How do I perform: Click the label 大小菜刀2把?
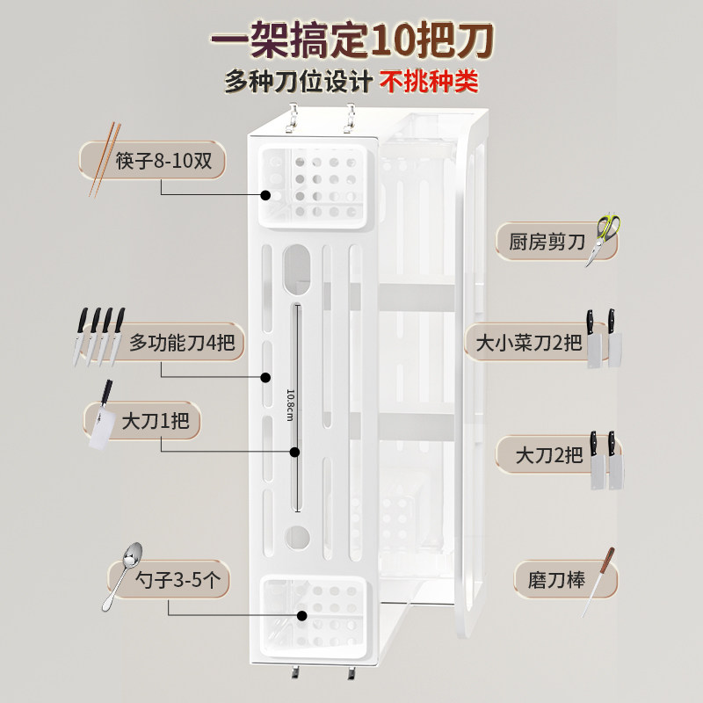coord(528,341)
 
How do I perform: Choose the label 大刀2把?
coord(549,454)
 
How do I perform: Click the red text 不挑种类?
coord(429,82)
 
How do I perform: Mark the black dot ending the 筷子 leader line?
coord(265,195)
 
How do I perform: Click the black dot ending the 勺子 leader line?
coord(301,616)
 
